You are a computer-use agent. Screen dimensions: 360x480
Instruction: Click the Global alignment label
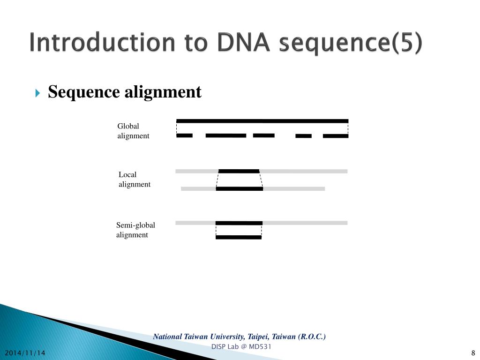(133, 131)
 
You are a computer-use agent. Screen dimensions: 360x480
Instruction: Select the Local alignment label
(134, 180)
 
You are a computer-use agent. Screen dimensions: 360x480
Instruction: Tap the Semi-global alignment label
(135, 230)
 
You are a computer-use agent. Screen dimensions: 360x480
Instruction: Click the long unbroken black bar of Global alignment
(262, 121)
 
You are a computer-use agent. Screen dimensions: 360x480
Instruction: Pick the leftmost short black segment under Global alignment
(184, 135)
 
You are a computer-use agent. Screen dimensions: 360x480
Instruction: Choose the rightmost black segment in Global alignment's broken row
(336, 136)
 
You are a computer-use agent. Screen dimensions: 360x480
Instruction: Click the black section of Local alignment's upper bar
(239, 171)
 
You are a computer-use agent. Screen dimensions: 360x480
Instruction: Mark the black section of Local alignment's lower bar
(240, 189)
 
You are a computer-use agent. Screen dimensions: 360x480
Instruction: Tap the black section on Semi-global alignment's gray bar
(239, 223)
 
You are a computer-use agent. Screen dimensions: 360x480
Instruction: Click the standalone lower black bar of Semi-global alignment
(238, 237)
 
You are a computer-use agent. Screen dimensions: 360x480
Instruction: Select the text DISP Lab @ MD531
(241, 346)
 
